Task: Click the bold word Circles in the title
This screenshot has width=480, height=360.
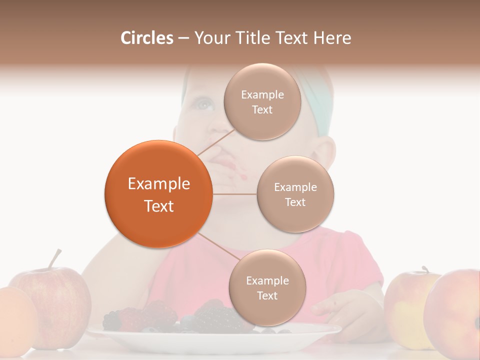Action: pyautogui.click(x=146, y=38)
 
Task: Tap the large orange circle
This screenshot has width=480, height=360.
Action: pyautogui.click(x=158, y=194)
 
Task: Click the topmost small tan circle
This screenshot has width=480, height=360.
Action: pyautogui.click(x=262, y=102)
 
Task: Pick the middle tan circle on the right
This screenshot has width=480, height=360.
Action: pyautogui.click(x=295, y=194)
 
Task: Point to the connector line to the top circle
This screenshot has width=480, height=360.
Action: pyautogui.click(x=216, y=143)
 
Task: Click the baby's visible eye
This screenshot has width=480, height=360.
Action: pyautogui.click(x=203, y=104)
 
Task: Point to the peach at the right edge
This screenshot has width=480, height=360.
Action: pyautogui.click(x=455, y=312)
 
